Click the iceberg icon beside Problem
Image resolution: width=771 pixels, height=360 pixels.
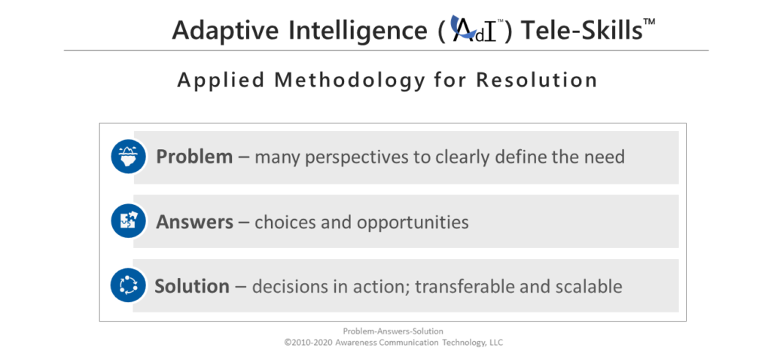coord(128,157)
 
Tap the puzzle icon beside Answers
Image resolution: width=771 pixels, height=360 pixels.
coord(128,221)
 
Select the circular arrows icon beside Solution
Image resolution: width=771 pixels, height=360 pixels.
coord(128,285)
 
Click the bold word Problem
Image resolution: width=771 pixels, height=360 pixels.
coord(194,157)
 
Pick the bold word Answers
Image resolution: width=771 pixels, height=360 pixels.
coord(195,222)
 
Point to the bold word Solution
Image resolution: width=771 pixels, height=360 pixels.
coord(192,285)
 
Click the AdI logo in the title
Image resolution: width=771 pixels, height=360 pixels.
coord(474,29)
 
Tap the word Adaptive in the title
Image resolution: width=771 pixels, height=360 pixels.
coord(224,31)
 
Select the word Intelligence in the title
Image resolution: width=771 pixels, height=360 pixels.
coord(357,30)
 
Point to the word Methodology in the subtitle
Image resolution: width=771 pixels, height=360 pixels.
coord(349,80)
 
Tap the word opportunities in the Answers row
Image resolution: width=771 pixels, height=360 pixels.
coord(413,223)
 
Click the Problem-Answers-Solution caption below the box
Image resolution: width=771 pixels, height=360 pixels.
coord(393,331)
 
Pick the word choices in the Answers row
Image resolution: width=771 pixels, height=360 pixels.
coord(285,222)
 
